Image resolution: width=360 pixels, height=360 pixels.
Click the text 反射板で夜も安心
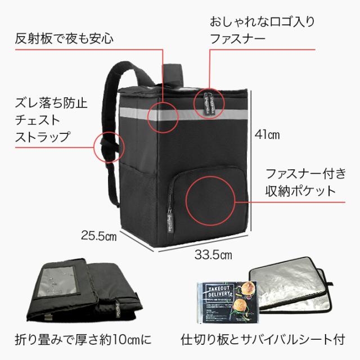[65, 39]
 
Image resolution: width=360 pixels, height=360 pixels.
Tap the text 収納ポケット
[300, 190]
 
